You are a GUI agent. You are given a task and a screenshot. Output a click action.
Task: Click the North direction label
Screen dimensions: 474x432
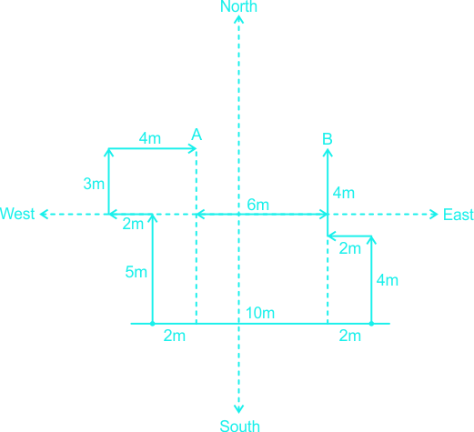[x=238, y=6]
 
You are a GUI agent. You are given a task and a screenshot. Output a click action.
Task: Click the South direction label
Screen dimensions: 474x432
[x=239, y=426]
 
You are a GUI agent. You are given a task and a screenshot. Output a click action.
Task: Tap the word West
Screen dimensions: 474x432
[x=17, y=214]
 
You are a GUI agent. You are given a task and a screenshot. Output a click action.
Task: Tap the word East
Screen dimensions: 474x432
[x=459, y=215]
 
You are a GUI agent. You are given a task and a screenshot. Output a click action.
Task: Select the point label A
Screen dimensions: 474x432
[x=197, y=135]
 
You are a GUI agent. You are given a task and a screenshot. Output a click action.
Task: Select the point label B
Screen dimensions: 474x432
[x=328, y=139]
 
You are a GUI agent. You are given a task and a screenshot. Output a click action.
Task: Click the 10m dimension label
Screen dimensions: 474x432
[x=260, y=313]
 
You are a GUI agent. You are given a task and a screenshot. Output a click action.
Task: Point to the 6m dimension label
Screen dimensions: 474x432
[x=257, y=205]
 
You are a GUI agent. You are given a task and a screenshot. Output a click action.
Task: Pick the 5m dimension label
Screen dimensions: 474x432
[x=136, y=272]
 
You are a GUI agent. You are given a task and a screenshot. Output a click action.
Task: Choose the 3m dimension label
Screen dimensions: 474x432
[x=94, y=184]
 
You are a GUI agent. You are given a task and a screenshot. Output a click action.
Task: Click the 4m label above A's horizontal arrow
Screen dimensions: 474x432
[x=150, y=138]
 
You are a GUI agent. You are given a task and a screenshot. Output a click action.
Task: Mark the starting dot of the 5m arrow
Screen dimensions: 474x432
[x=153, y=324]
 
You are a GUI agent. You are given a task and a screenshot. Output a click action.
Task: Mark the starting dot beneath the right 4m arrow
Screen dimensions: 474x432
[x=371, y=324]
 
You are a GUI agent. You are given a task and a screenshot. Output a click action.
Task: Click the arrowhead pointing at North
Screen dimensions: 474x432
[x=239, y=19]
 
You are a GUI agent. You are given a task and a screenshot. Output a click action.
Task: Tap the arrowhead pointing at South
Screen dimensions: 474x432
[x=239, y=409]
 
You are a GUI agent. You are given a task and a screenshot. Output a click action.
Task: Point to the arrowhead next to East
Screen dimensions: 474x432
[x=434, y=215]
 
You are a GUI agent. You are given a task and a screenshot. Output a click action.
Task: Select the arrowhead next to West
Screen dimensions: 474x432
[x=44, y=214]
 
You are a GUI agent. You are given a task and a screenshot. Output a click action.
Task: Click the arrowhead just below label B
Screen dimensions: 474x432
[x=328, y=153]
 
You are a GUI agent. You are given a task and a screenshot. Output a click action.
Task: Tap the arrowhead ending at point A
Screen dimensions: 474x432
[x=193, y=148]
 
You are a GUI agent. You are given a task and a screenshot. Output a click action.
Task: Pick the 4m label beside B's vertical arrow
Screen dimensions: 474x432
[x=344, y=193]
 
